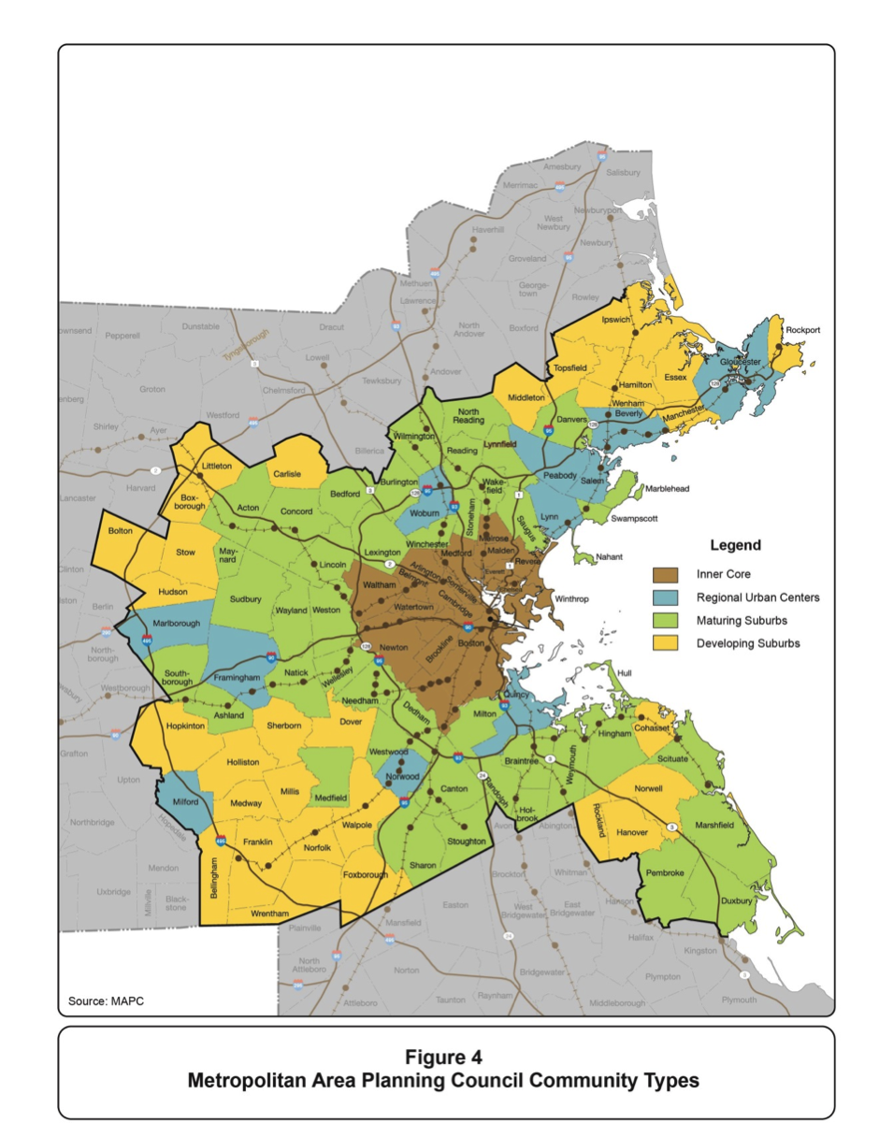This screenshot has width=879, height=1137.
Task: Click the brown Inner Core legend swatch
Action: click(x=669, y=573)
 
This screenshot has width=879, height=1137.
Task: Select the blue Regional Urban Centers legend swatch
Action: click(x=669, y=597)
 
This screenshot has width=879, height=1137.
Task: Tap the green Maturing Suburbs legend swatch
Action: click(x=669, y=620)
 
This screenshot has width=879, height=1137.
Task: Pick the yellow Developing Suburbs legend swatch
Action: click(x=669, y=643)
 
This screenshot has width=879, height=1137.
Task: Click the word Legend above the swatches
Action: click(x=736, y=545)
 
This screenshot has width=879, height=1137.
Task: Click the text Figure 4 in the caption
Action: click(x=443, y=1058)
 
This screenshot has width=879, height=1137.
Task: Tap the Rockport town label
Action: click(x=801, y=330)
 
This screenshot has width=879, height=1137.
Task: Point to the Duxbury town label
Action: click(x=738, y=901)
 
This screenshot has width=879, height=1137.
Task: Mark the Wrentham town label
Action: click(x=272, y=913)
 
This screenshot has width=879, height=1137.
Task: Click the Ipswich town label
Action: click(x=617, y=319)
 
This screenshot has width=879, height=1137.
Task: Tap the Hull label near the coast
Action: click(x=625, y=673)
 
